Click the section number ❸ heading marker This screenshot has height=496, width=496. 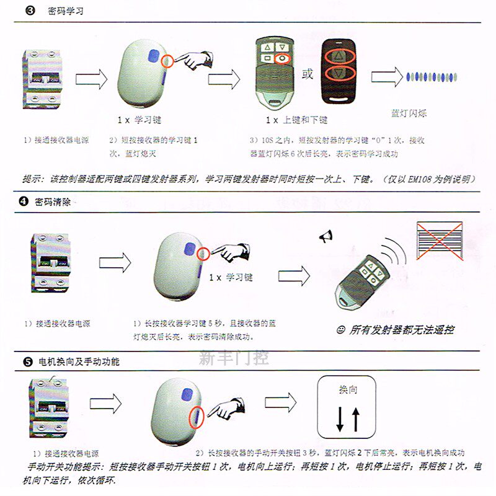(30, 11)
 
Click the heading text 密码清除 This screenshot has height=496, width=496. (53, 201)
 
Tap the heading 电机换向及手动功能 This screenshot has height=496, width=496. (79, 361)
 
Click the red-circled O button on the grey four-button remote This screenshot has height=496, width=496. (282, 59)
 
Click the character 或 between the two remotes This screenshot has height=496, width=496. (307, 75)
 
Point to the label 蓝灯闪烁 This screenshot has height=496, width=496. (409, 114)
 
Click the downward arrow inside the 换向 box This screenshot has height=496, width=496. (340, 420)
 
